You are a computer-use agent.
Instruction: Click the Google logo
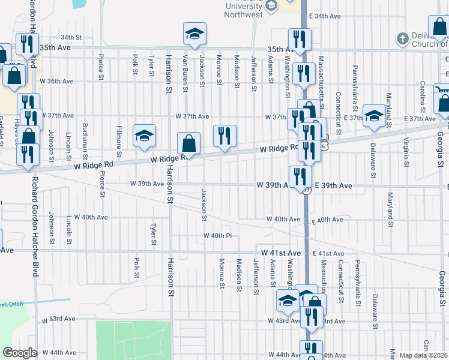tap(20, 353)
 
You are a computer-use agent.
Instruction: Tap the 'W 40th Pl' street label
tap(217, 236)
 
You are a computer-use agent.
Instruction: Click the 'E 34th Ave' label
tap(325, 16)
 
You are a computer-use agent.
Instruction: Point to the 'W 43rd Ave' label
tap(58, 322)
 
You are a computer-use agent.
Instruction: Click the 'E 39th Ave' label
tap(333, 187)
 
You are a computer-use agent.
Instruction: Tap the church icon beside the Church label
tap(402, 40)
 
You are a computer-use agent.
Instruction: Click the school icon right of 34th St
tap(194, 35)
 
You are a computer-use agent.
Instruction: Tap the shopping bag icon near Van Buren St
tap(188, 143)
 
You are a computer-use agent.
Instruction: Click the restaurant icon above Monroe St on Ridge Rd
tap(225, 135)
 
